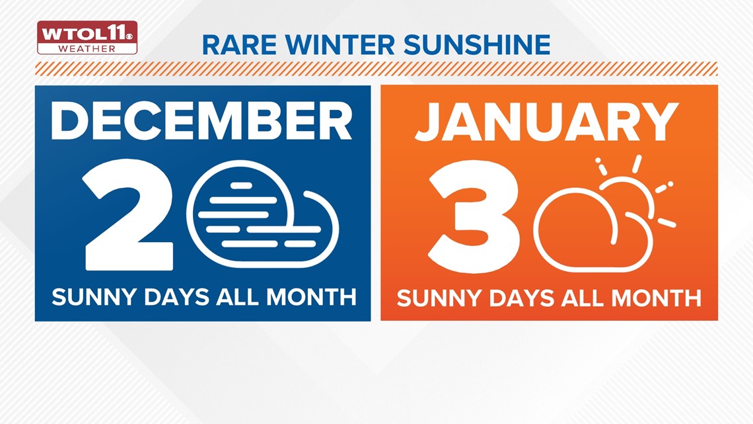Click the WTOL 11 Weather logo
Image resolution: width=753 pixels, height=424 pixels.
pyautogui.click(x=87, y=38)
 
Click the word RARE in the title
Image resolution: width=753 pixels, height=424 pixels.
pyautogui.click(x=239, y=45)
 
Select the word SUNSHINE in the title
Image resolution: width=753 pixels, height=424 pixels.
pyautogui.click(x=477, y=45)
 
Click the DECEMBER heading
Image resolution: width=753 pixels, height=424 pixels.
pyautogui.click(x=201, y=121)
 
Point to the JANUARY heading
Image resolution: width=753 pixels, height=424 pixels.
pyautogui.click(x=547, y=122)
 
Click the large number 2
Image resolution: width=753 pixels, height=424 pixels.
pyautogui.click(x=127, y=216)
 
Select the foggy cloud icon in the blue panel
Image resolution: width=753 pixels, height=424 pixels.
pyautogui.click(x=263, y=214)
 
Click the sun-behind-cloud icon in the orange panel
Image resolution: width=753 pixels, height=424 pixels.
pyautogui.click(x=605, y=214)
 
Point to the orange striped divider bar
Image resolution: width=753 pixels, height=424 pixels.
pyautogui.click(x=377, y=69)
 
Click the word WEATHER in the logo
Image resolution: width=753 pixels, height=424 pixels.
pyautogui.click(x=87, y=48)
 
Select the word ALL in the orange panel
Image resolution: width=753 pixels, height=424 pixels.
pyautogui.click(x=583, y=298)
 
